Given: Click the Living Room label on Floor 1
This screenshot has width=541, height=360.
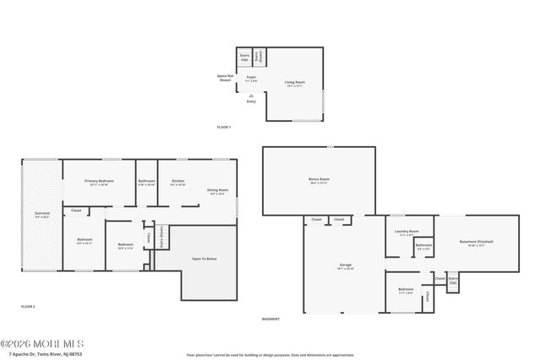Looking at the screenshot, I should [295, 83].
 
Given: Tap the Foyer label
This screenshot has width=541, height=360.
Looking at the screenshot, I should [251, 79].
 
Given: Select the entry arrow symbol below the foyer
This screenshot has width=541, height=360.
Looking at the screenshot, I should [251, 95].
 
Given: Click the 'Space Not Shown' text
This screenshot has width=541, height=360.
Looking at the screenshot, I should [225, 78].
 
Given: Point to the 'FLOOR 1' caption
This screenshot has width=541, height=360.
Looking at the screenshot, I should [223, 127].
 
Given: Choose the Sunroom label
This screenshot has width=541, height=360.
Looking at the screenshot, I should [42, 213].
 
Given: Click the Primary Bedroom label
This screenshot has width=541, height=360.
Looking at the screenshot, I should [99, 182].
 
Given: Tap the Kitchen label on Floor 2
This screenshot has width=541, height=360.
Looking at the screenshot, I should [178, 182].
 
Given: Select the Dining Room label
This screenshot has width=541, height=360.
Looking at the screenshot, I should [218, 191].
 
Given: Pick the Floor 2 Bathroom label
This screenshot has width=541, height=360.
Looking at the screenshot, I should [146, 182].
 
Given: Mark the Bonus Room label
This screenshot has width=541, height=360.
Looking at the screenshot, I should [319, 180].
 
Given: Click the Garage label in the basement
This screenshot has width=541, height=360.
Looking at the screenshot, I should [345, 265].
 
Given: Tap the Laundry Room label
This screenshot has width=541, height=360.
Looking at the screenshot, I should [409, 232].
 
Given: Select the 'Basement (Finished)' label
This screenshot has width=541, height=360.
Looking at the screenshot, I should [476, 243].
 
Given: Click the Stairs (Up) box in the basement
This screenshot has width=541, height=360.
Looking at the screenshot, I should [453, 280].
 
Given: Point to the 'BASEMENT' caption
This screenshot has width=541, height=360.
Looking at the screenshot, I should [270, 319].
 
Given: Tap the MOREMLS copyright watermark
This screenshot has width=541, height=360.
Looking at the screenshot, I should [42, 344].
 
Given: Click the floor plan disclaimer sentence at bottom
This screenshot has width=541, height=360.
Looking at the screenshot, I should [270, 355].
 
